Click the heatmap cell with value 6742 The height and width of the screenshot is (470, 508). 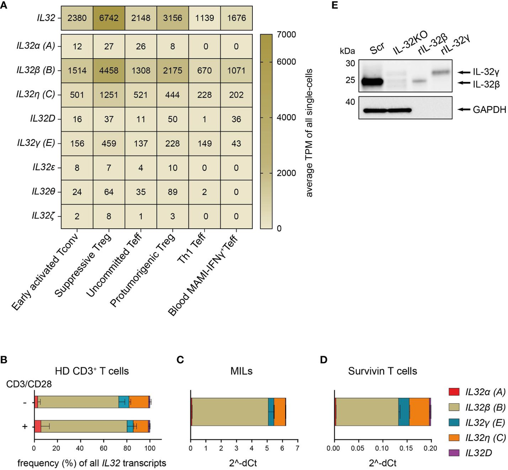pos(109,18)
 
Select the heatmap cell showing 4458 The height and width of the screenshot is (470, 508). pos(109,70)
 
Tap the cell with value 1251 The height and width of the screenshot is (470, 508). pos(109,95)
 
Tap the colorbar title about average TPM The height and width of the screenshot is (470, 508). pos(309,132)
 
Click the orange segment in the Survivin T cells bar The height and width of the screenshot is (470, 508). pos(419,412)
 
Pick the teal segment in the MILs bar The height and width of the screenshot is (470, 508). pos(271,412)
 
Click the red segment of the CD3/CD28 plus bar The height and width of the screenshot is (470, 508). pos(37,427)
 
